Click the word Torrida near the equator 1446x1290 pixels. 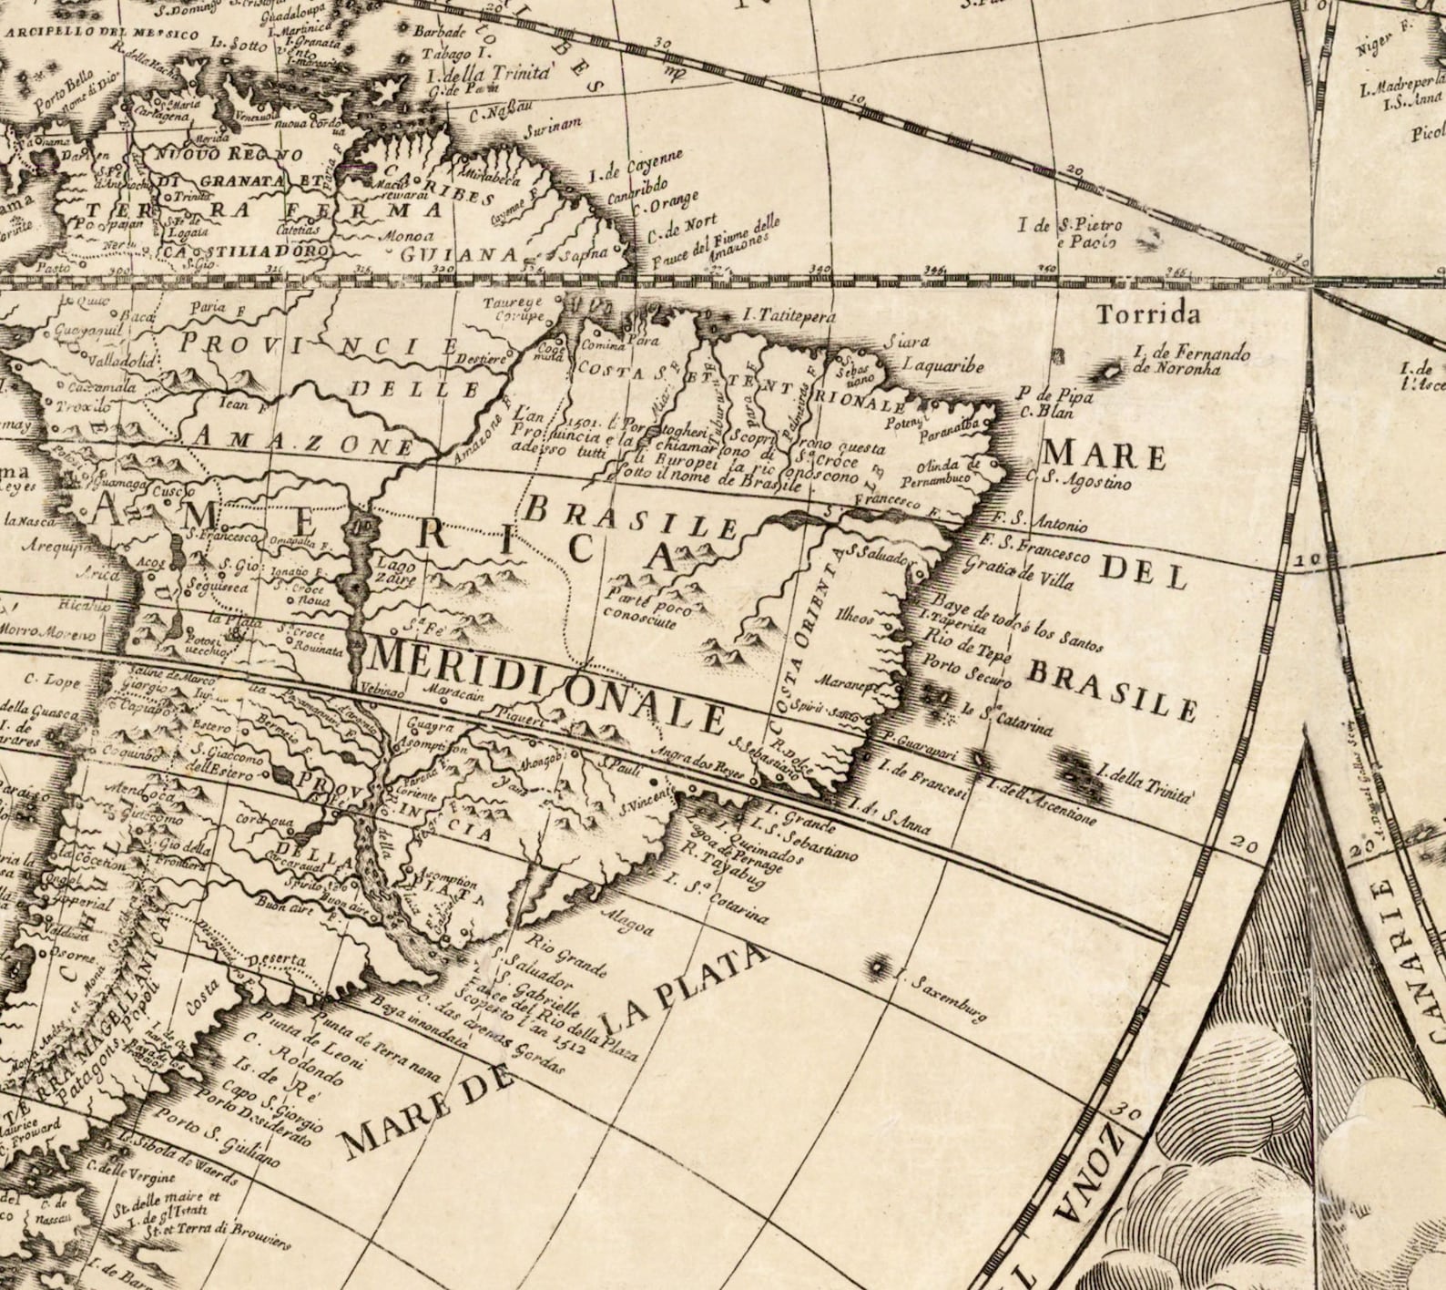pyautogui.click(x=1148, y=315)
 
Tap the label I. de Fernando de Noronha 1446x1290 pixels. pyautogui.click(x=1191, y=361)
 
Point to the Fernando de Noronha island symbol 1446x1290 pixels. pyautogui.click(x=1111, y=372)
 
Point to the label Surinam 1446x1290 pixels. pyautogui.click(x=552, y=129)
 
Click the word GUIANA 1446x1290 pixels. pyautogui.click(x=460, y=254)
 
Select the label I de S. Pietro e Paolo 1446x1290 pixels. pyautogui.click(x=1070, y=233)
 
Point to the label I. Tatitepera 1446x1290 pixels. pyautogui.click(x=789, y=316)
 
